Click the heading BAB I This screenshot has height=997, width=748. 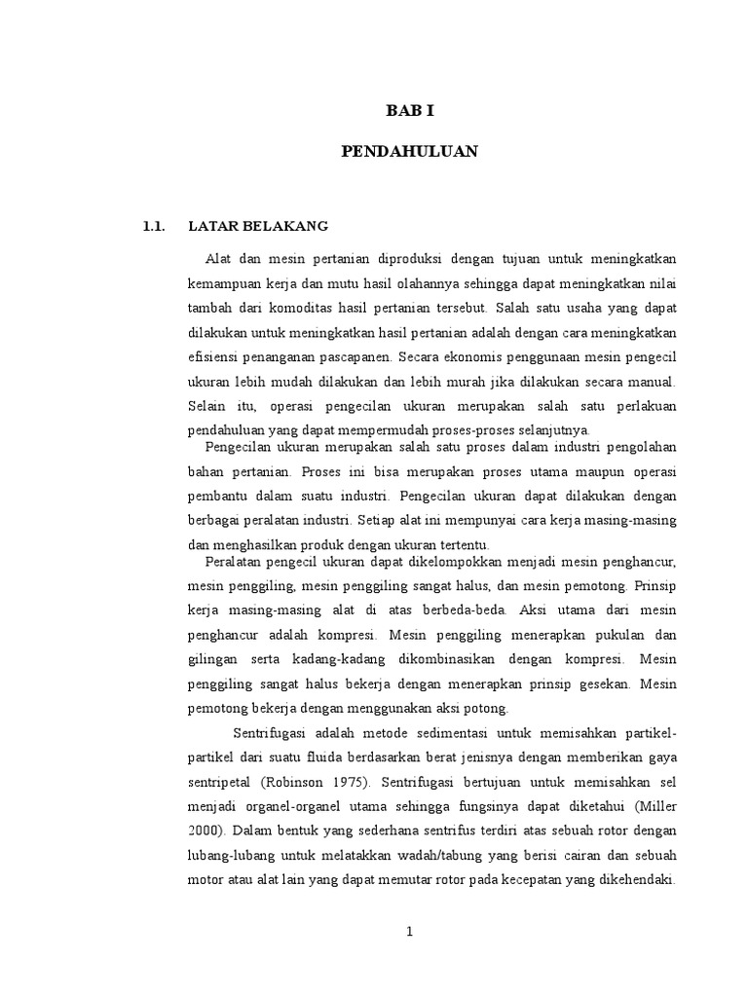(x=409, y=111)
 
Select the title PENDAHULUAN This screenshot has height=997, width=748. (x=409, y=151)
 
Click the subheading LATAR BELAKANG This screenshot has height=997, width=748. (x=258, y=227)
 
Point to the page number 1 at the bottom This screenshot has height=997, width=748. (x=410, y=931)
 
